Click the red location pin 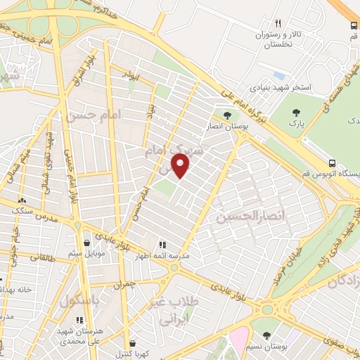coord(181,166)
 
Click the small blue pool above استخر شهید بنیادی coord(280,75)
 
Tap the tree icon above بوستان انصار coord(226,115)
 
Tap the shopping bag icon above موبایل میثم coord(86,243)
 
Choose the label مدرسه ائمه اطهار coord(162,257)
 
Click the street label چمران coord(122,285)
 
